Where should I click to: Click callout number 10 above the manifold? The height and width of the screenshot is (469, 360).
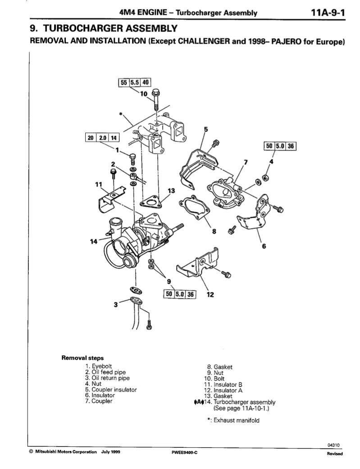pos(144,94)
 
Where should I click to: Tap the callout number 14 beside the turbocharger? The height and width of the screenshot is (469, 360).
pos(93,241)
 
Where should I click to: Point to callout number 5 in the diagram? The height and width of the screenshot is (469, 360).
pos(205,129)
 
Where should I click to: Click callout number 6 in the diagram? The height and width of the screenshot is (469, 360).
pos(264,246)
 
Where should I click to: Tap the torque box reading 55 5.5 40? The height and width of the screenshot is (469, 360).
pos(135,82)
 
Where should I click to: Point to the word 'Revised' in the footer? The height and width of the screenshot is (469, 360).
pos(335,454)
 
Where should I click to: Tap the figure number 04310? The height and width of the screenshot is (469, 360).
pos(334,445)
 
